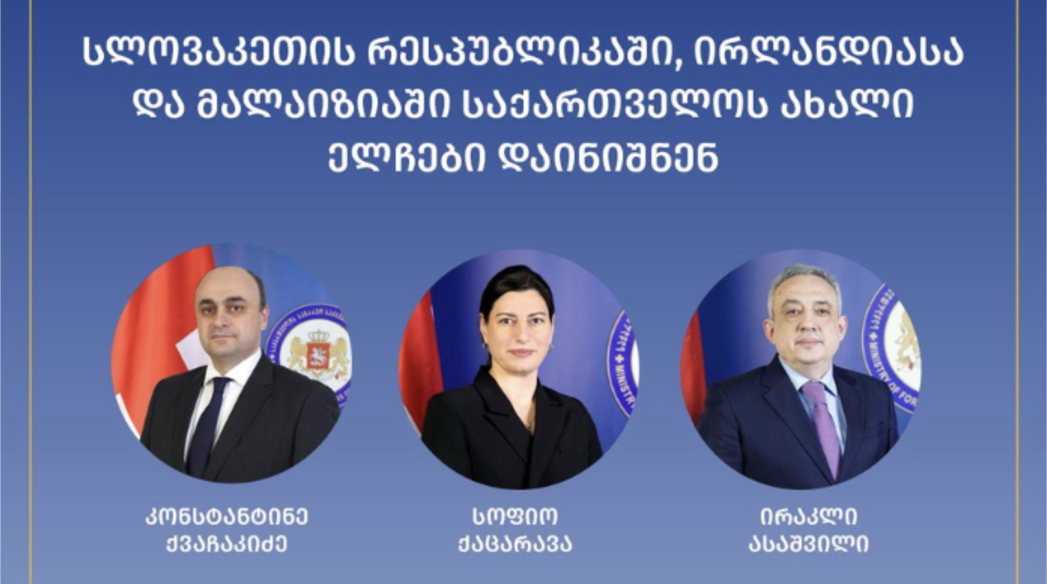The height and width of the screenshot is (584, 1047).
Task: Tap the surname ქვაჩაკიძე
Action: [x=227, y=544]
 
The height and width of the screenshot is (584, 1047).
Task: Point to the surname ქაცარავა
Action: [x=516, y=544]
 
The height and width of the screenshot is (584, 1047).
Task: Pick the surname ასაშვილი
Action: [x=809, y=544]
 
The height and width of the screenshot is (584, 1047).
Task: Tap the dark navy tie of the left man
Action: [x=209, y=423]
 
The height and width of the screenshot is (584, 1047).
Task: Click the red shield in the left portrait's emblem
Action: [x=318, y=356]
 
